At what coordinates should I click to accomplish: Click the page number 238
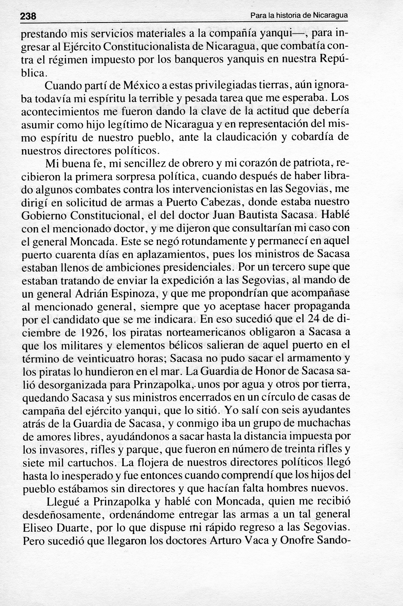click(28, 16)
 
